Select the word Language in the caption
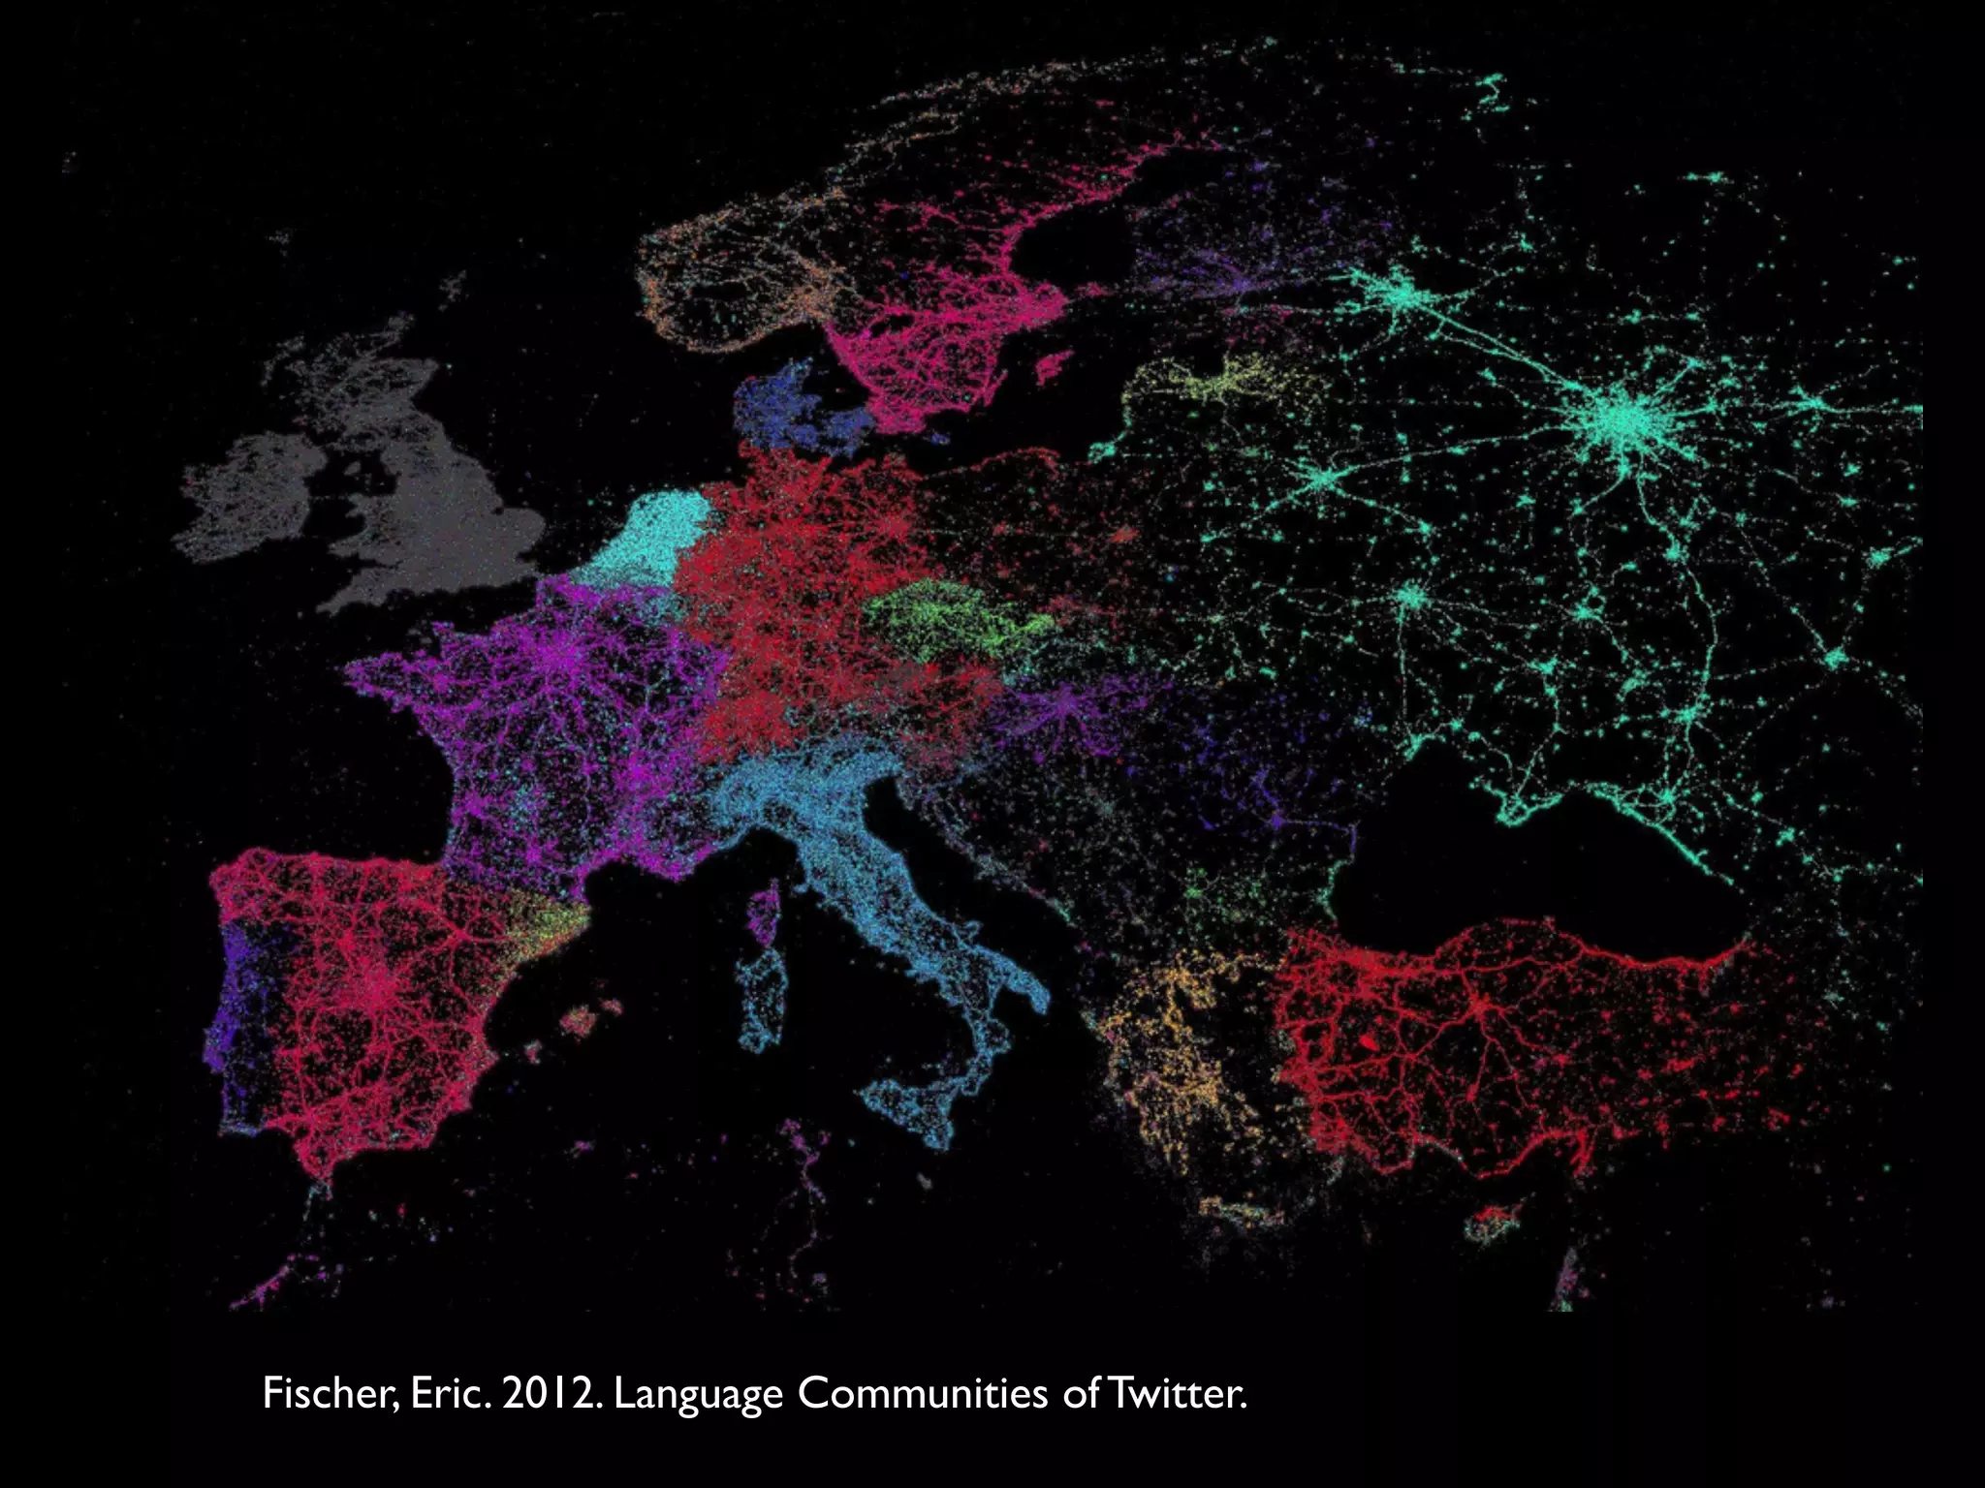(698, 1395)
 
